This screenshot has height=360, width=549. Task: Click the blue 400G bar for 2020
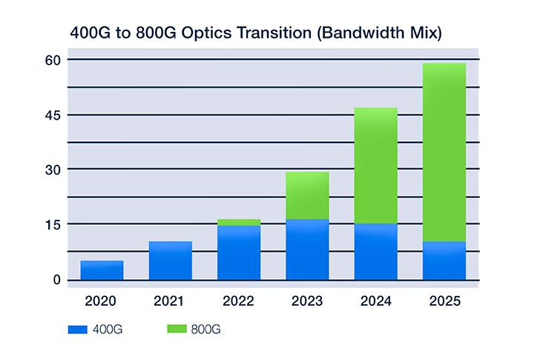pos(102,270)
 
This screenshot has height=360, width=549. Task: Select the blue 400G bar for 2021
pos(170,261)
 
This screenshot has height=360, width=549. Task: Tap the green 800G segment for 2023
pos(307,195)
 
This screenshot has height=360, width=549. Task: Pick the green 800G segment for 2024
pos(375,166)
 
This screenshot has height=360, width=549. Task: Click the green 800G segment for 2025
pos(444,152)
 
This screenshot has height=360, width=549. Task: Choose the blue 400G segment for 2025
pos(444,261)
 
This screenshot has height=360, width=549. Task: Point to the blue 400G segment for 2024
pos(375,252)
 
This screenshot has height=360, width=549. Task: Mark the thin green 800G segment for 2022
pos(239,222)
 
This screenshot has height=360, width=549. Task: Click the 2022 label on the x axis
pos(239,302)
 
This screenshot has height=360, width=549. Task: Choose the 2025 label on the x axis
pos(444,302)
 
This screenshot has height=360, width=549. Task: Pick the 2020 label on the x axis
pos(102,302)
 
